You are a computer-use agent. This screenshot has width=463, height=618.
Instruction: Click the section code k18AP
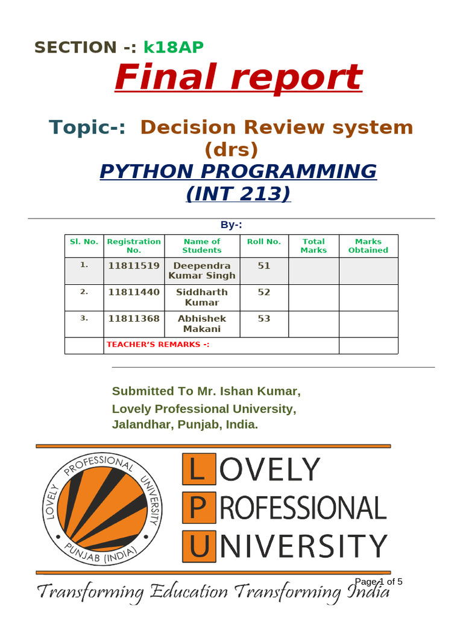[x=174, y=47]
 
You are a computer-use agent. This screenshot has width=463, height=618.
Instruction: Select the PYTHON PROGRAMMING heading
[x=238, y=171]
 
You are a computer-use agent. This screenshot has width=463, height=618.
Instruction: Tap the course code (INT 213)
[x=238, y=194]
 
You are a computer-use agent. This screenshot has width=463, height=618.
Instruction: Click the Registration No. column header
[x=134, y=246]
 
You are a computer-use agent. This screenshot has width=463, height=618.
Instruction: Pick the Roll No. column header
[x=264, y=241]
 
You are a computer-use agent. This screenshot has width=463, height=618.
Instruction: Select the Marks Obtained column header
[x=368, y=246]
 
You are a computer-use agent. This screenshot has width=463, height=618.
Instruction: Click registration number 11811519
[x=134, y=266]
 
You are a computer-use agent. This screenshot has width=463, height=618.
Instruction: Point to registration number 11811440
[x=134, y=292]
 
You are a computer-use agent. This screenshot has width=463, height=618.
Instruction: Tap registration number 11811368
[x=134, y=319]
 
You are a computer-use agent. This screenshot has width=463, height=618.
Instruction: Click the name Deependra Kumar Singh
[x=202, y=271]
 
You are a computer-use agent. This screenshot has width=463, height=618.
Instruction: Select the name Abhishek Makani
[x=202, y=324]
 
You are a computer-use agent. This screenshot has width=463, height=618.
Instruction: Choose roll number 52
[x=264, y=292]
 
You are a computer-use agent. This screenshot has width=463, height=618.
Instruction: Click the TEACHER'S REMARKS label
[x=158, y=345]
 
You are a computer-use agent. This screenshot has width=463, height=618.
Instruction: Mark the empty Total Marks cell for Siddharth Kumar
[x=313, y=298]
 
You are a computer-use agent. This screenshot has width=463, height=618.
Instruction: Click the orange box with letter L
[x=197, y=470]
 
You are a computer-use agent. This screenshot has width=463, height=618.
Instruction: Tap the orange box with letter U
[x=197, y=547]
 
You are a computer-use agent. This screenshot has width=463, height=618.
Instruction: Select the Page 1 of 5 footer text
[x=379, y=582]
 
